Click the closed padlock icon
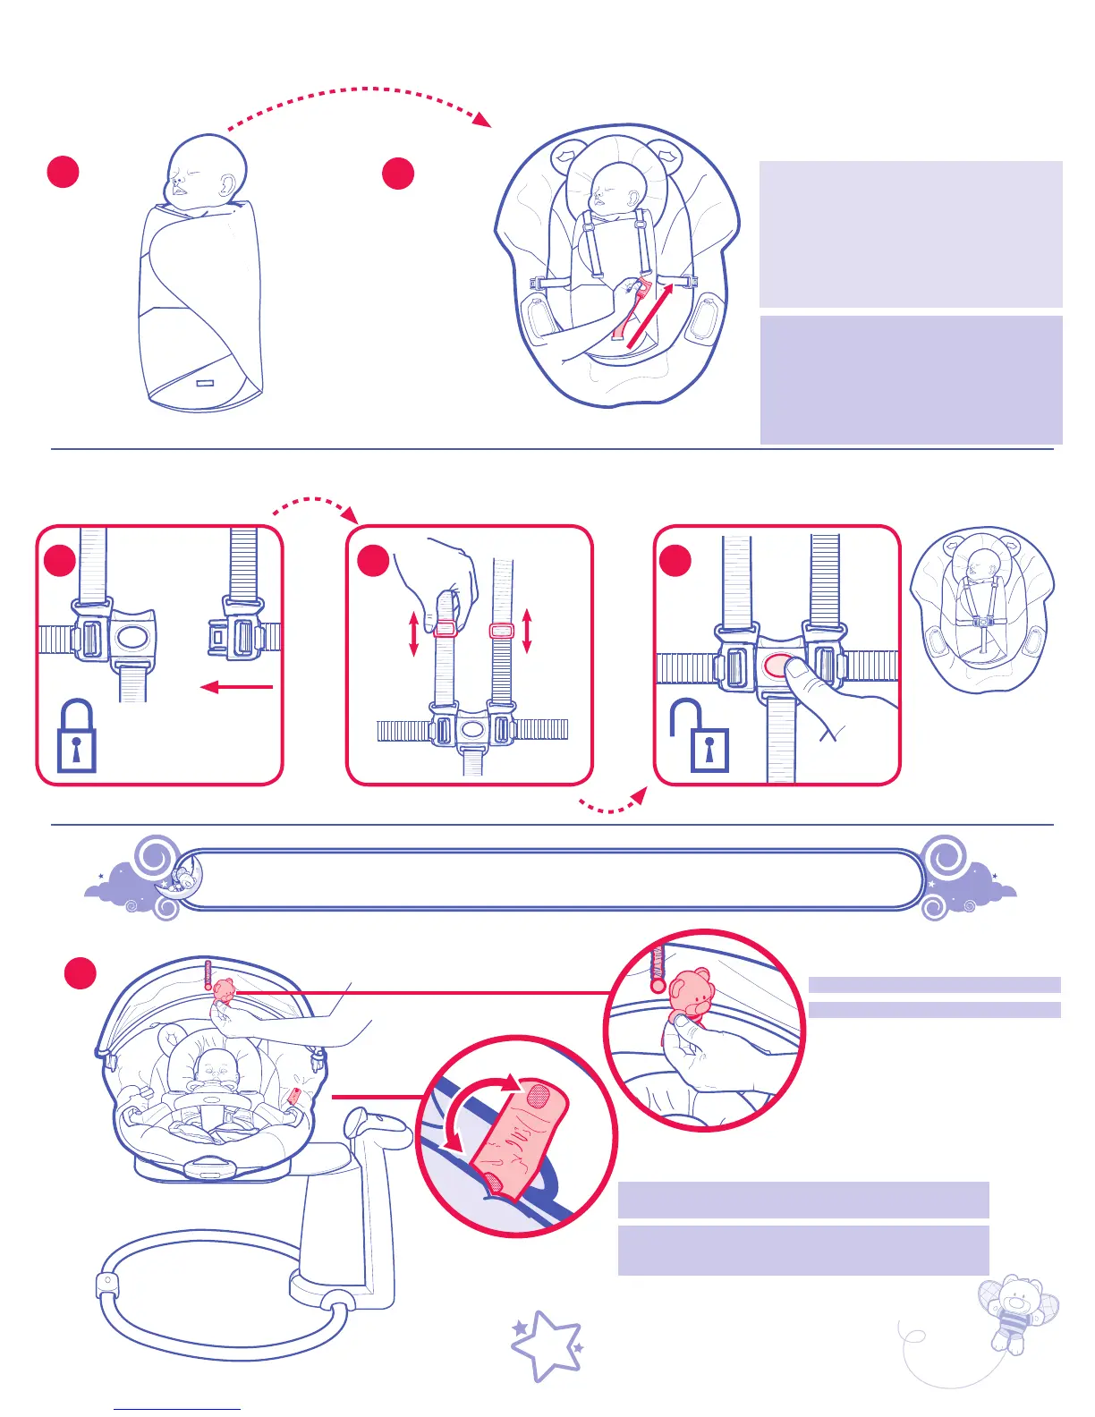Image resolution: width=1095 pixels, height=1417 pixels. (76, 736)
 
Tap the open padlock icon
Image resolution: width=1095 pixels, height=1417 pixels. (700, 736)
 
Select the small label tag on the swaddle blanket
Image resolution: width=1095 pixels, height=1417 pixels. (207, 383)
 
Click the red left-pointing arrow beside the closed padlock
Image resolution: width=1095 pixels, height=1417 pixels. (236, 687)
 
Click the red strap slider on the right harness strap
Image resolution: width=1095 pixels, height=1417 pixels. (502, 631)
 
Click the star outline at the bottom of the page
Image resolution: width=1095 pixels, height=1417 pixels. (547, 1345)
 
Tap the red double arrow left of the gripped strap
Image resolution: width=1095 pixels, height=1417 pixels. (413, 633)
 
